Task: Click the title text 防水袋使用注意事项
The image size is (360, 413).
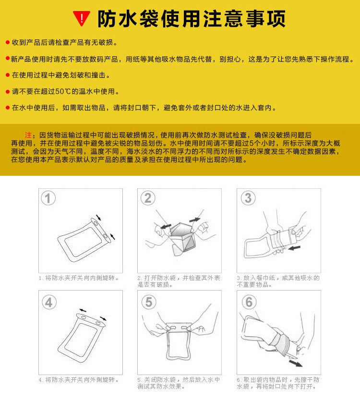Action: pos(192,19)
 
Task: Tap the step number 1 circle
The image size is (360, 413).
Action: pos(48,198)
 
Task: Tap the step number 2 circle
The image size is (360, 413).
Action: pos(148,198)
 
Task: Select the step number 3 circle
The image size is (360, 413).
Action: pos(248,198)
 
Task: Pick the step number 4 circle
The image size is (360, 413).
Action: pos(48,302)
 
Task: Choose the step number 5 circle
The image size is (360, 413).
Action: pos(148,302)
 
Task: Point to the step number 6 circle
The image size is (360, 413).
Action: pos(248,302)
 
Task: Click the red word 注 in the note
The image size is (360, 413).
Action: pos(28,134)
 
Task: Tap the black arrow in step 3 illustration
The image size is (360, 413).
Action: pos(293,248)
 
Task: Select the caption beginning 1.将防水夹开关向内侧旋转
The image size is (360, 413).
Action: pos(79,278)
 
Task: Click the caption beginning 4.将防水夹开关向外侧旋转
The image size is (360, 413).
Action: pos(79,380)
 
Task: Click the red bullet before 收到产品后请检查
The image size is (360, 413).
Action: pos(7,43)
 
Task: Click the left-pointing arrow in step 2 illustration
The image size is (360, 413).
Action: pos(166,224)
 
